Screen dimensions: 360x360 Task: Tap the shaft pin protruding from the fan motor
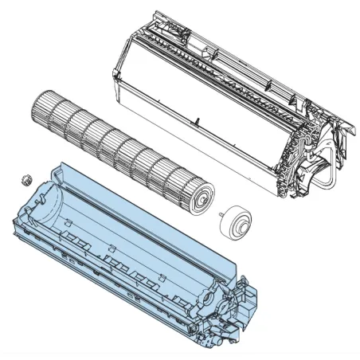[x=218, y=213]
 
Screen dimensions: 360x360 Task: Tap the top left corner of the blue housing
[x=61, y=164]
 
